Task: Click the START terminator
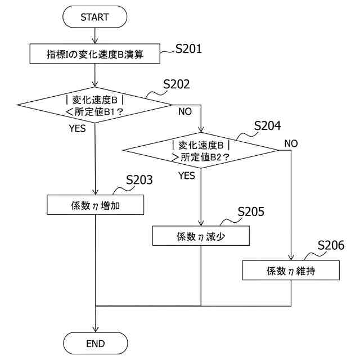click(x=94, y=17)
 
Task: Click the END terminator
click(x=95, y=343)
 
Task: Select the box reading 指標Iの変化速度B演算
click(x=95, y=55)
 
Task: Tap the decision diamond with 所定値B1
click(x=95, y=104)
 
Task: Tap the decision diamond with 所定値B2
click(x=201, y=150)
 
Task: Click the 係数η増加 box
click(x=95, y=205)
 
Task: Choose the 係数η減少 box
click(x=201, y=236)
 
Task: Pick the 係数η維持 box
click(x=291, y=270)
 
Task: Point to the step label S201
click(x=188, y=49)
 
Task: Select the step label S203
click(x=139, y=180)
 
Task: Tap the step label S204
click(x=267, y=126)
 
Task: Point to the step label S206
click(x=331, y=245)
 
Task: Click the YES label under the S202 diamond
click(x=77, y=129)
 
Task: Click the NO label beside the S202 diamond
click(x=185, y=111)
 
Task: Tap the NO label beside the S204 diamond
click(x=291, y=143)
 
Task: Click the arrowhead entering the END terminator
click(x=95, y=330)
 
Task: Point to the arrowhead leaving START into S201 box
click(x=95, y=42)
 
